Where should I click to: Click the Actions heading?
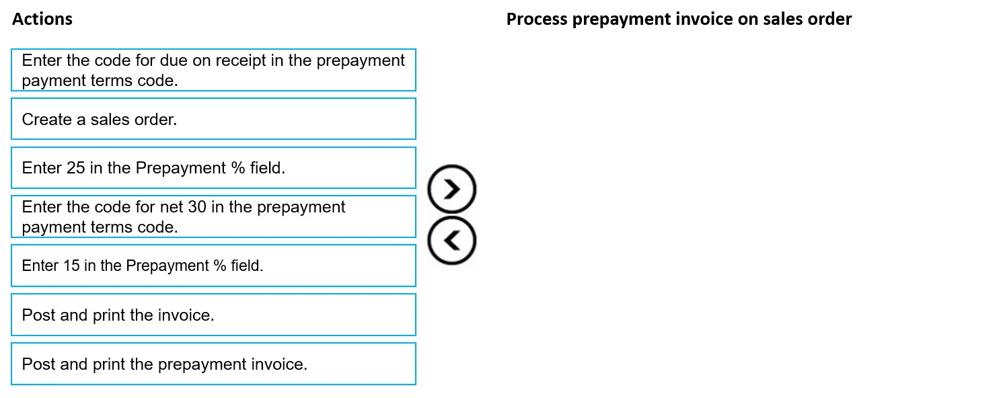pos(42,19)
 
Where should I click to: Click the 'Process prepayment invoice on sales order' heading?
pos(679,19)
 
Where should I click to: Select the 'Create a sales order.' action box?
pos(214,118)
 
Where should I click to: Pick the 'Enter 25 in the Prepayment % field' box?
pos(214,168)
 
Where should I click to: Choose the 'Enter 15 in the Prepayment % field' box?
pos(214,266)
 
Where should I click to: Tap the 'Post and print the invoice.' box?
pos(214,315)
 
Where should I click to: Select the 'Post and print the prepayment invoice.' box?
pos(214,364)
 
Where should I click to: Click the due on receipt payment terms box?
pos(214,70)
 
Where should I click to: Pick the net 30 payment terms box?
pos(214,216)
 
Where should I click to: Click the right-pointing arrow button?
pos(452,189)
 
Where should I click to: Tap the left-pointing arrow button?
pos(452,241)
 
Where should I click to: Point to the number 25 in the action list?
pos(75,168)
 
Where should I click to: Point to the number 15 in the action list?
pos(71,266)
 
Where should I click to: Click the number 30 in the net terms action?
pos(197,207)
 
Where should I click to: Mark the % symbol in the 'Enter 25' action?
pos(237,168)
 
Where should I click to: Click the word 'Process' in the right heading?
pos(537,19)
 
